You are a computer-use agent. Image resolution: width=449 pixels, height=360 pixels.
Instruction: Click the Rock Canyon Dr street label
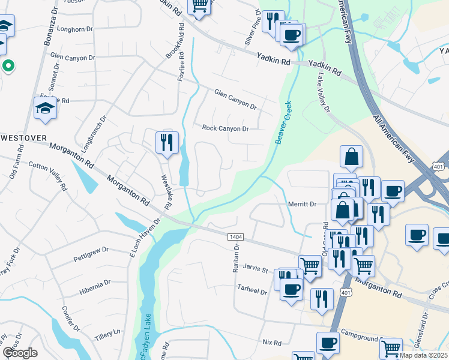pyautogui.click(x=225, y=128)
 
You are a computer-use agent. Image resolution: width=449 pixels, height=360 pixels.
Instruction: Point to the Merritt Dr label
pyautogui.click(x=302, y=205)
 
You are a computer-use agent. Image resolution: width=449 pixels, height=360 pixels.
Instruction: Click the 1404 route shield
pyautogui.click(x=235, y=238)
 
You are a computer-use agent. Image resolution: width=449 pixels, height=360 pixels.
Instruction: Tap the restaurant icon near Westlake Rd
pyautogui.click(x=166, y=143)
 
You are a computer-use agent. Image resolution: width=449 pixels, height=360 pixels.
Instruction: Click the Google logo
pyautogui.click(x=20, y=352)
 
